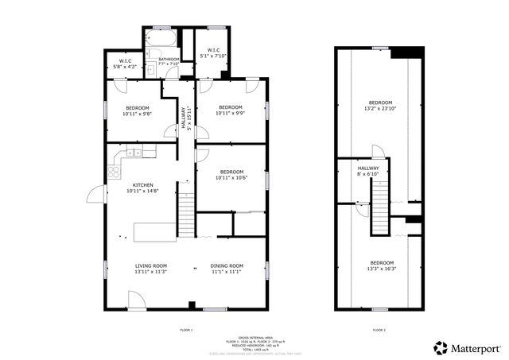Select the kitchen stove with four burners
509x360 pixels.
(x=115, y=168)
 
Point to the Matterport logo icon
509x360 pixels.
(x=439, y=347)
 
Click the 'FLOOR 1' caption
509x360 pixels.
(x=187, y=329)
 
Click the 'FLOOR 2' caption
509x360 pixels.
(x=379, y=329)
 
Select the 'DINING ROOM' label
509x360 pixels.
(x=227, y=265)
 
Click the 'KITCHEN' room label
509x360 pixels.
(x=143, y=184)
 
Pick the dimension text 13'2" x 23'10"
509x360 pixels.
(x=379, y=108)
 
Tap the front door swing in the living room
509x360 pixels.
(x=136, y=299)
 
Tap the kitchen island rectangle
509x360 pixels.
(x=154, y=231)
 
